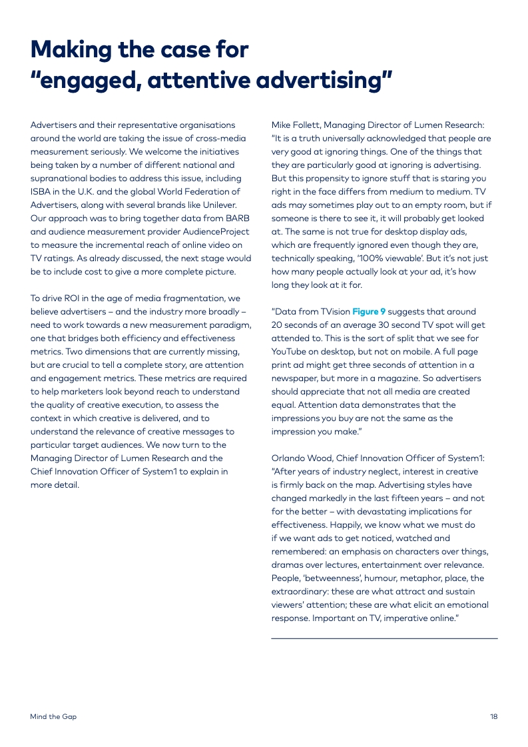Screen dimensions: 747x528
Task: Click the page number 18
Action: point(493,717)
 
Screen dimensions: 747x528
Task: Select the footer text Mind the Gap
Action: point(53,717)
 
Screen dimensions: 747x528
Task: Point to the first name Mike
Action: point(282,125)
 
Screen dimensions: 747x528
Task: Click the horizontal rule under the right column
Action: point(384,638)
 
